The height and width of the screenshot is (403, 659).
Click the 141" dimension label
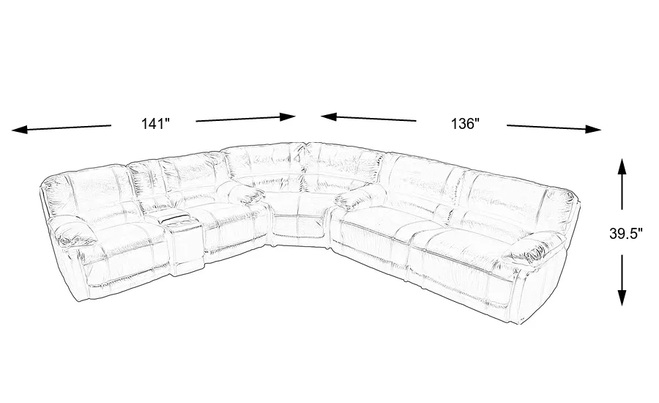tap(155, 124)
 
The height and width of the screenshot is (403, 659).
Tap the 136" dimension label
tap(465, 124)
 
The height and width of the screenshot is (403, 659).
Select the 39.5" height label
tap(626, 234)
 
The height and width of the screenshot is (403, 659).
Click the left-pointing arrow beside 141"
tap(62, 128)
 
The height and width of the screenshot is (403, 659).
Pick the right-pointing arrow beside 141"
tap(246, 119)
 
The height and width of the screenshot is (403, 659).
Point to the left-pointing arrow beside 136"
tap(368, 118)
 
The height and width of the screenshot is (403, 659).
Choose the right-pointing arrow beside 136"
tap(554, 127)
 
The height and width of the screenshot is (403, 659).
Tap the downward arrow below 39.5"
tap(622, 280)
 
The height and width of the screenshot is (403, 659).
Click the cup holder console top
tap(181, 220)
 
